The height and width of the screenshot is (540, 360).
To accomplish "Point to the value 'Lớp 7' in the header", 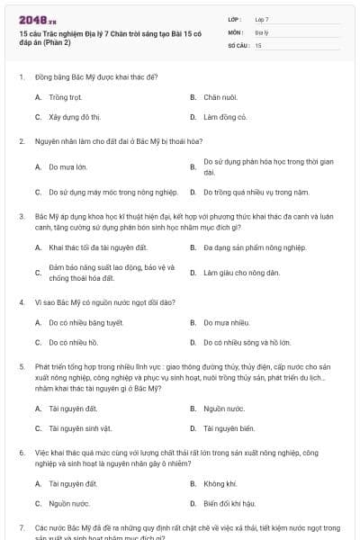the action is click(262, 19).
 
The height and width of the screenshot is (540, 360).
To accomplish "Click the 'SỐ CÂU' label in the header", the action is click(238, 44).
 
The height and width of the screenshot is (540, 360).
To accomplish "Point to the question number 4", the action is click(21, 301).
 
